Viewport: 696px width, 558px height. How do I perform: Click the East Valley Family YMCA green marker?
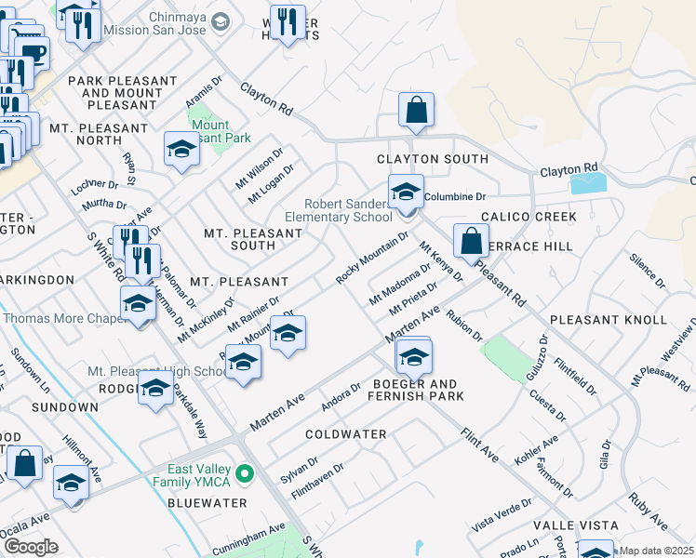tap(246, 475)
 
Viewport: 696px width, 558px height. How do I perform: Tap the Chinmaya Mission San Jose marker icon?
tap(221, 21)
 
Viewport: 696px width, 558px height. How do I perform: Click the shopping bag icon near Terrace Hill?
tap(471, 241)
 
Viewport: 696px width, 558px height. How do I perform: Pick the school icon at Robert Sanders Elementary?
tap(405, 192)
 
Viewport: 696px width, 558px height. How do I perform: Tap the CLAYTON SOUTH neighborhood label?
tap(432, 159)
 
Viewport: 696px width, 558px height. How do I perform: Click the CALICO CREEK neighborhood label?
tap(529, 217)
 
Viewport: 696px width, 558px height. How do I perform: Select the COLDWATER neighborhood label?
tap(345, 434)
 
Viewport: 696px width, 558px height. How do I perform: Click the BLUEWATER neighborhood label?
tap(207, 503)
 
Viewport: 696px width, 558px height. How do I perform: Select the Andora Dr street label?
tap(341, 397)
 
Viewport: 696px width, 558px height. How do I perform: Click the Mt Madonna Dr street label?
tap(400, 284)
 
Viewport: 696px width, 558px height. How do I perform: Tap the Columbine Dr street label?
tap(455, 197)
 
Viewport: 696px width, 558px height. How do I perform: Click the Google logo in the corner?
tap(31, 547)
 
